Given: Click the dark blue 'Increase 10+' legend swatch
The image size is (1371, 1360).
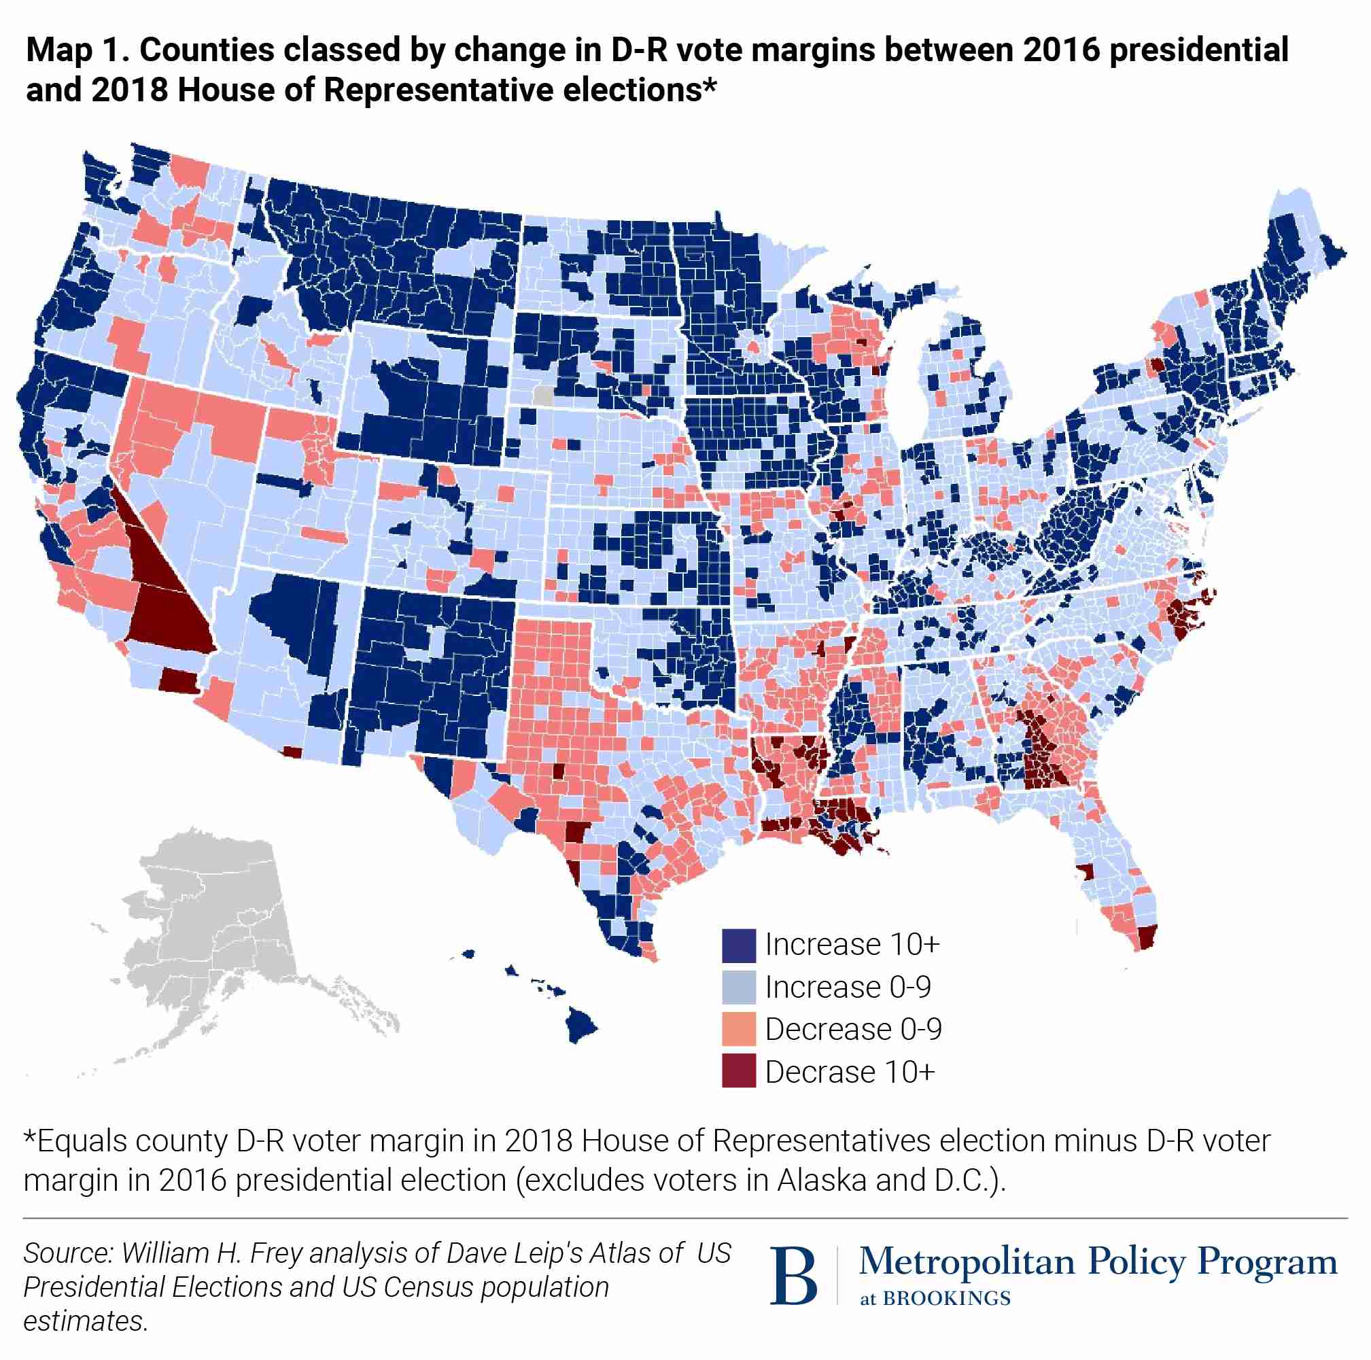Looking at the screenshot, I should [x=739, y=945].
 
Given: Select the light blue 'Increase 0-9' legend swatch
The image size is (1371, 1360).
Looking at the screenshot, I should [x=739, y=987].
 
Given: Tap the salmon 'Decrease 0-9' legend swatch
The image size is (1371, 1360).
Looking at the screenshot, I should [x=739, y=1030].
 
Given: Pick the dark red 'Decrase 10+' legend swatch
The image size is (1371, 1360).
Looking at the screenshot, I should [x=739, y=1071].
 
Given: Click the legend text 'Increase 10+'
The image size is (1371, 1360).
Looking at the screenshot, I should [x=852, y=945].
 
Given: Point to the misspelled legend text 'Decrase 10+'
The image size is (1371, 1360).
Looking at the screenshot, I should [x=850, y=1072].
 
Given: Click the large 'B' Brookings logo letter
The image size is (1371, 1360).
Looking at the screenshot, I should [x=793, y=1276].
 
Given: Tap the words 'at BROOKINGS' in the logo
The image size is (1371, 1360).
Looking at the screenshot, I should [x=935, y=1299].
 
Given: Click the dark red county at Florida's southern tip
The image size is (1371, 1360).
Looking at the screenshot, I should [x=1147, y=937].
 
